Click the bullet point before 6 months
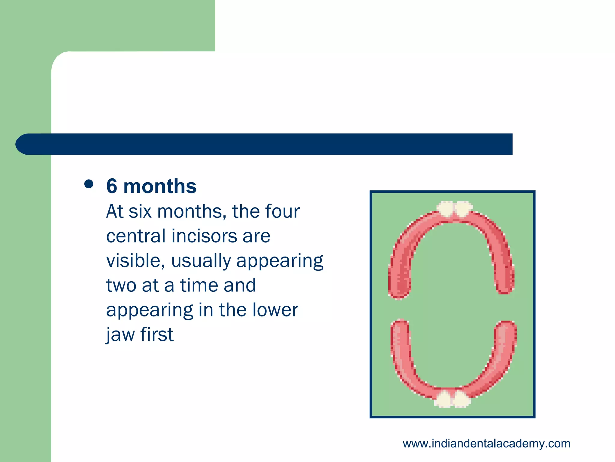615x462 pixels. [89, 184]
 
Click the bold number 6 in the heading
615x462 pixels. [112, 186]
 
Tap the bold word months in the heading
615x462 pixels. [160, 186]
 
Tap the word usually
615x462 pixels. [201, 261]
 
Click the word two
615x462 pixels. [121, 285]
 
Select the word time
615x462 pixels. [199, 285]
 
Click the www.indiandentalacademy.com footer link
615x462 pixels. [486, 444]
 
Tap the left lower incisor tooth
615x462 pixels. [443, 399]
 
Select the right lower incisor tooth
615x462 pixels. [461, 399]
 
